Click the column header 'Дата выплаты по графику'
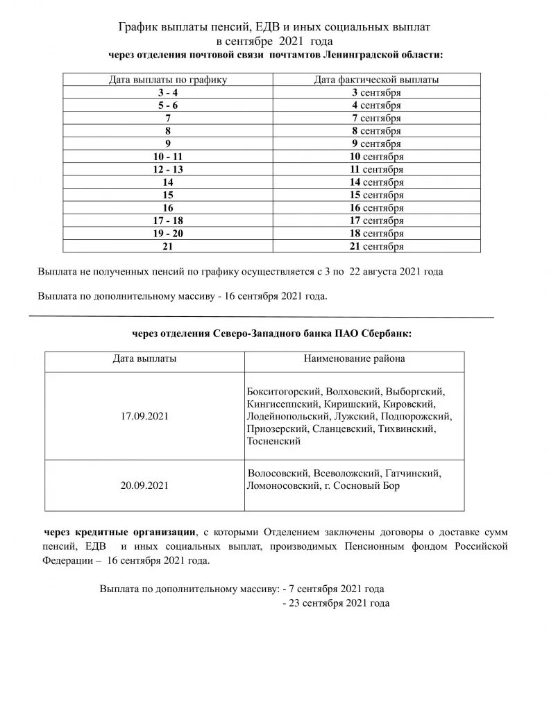[x=168, y=80]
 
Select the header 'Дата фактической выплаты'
[x=376, y=80]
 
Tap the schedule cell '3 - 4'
[x=168, y=92]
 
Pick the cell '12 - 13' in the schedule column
[x=168, y=169]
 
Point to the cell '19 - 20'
[x=168, y=233]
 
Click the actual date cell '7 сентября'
[x=376, y=118]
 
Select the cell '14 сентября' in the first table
[x=376, y=182]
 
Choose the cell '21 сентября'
[x=376, y=246]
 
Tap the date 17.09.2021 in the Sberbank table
[x=144, y=416]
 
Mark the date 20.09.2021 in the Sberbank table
[x=144, y=485]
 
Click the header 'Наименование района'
[x=354, y=359]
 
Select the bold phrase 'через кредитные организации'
[x=119, y=532]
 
